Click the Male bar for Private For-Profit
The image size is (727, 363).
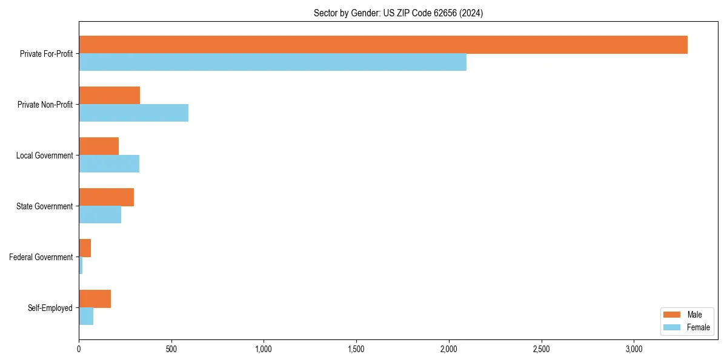pyautogui.click(x=383, y=45)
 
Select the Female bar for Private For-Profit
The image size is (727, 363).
pyautogui.click(x=273, y=62)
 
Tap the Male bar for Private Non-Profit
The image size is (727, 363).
pyautogui.click(x=109, y=96)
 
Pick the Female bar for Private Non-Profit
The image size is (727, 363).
pyautogui.click(x=133, y=113)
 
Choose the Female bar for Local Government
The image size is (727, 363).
pyautogui.click(x=109, y=163)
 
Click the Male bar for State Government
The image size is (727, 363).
pyautogui.click(x=106, y=197)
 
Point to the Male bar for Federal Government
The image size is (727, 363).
pyautogui.click(x=85, y=248)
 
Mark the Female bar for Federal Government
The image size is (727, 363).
pyautogui.click(x=81, y=265)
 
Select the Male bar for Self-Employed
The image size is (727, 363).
pyautogui.click(x=95, y=299)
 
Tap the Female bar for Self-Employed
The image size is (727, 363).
pyautogui.click(x=86, y=316)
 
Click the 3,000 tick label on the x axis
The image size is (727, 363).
pyautogui.click(x=634, y=349)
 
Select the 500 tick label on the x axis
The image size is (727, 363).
pyautogui.click(x=171, y=349)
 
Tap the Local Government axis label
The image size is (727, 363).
pyautogui.click(x=44, y=155)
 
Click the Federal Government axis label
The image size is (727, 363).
pyautogui.click(x=41, y=257)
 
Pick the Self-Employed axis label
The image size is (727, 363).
pyautogui.click(x=50, y=308)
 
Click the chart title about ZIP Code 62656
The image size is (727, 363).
pyautogui.click(x=398, y=13)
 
